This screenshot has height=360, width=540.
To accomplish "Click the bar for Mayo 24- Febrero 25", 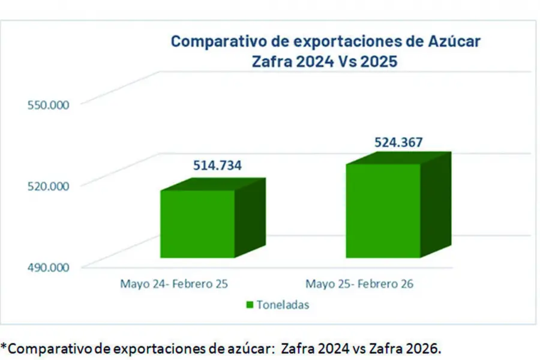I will tap(197, 224).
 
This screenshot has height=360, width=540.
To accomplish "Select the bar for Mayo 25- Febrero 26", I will tap(383, 211).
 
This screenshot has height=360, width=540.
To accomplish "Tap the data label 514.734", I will tap(217, 166).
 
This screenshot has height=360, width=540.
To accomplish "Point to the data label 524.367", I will tap(398, 143).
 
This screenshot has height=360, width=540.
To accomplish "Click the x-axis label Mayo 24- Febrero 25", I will tap(174, 284).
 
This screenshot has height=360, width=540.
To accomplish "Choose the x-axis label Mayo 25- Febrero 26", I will tap(359, 284).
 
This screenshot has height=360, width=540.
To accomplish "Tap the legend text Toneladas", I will tap(283, 305).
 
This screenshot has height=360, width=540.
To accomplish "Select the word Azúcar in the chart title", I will tap(453, 41).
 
